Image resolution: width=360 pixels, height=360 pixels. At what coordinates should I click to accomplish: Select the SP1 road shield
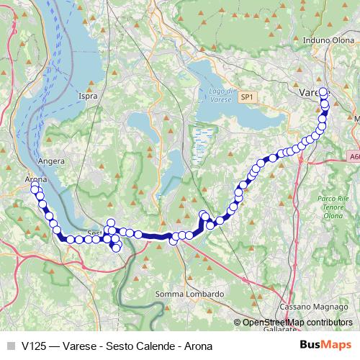tap(247, 96)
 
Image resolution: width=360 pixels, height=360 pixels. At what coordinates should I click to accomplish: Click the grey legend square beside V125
tap(10, 345)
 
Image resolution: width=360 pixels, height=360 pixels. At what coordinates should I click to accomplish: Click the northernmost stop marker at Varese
tap(323, 92)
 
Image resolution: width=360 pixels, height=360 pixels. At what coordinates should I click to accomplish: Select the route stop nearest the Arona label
tap(34, 189)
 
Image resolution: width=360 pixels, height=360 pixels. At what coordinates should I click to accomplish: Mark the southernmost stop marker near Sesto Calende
tap(117, 248)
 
